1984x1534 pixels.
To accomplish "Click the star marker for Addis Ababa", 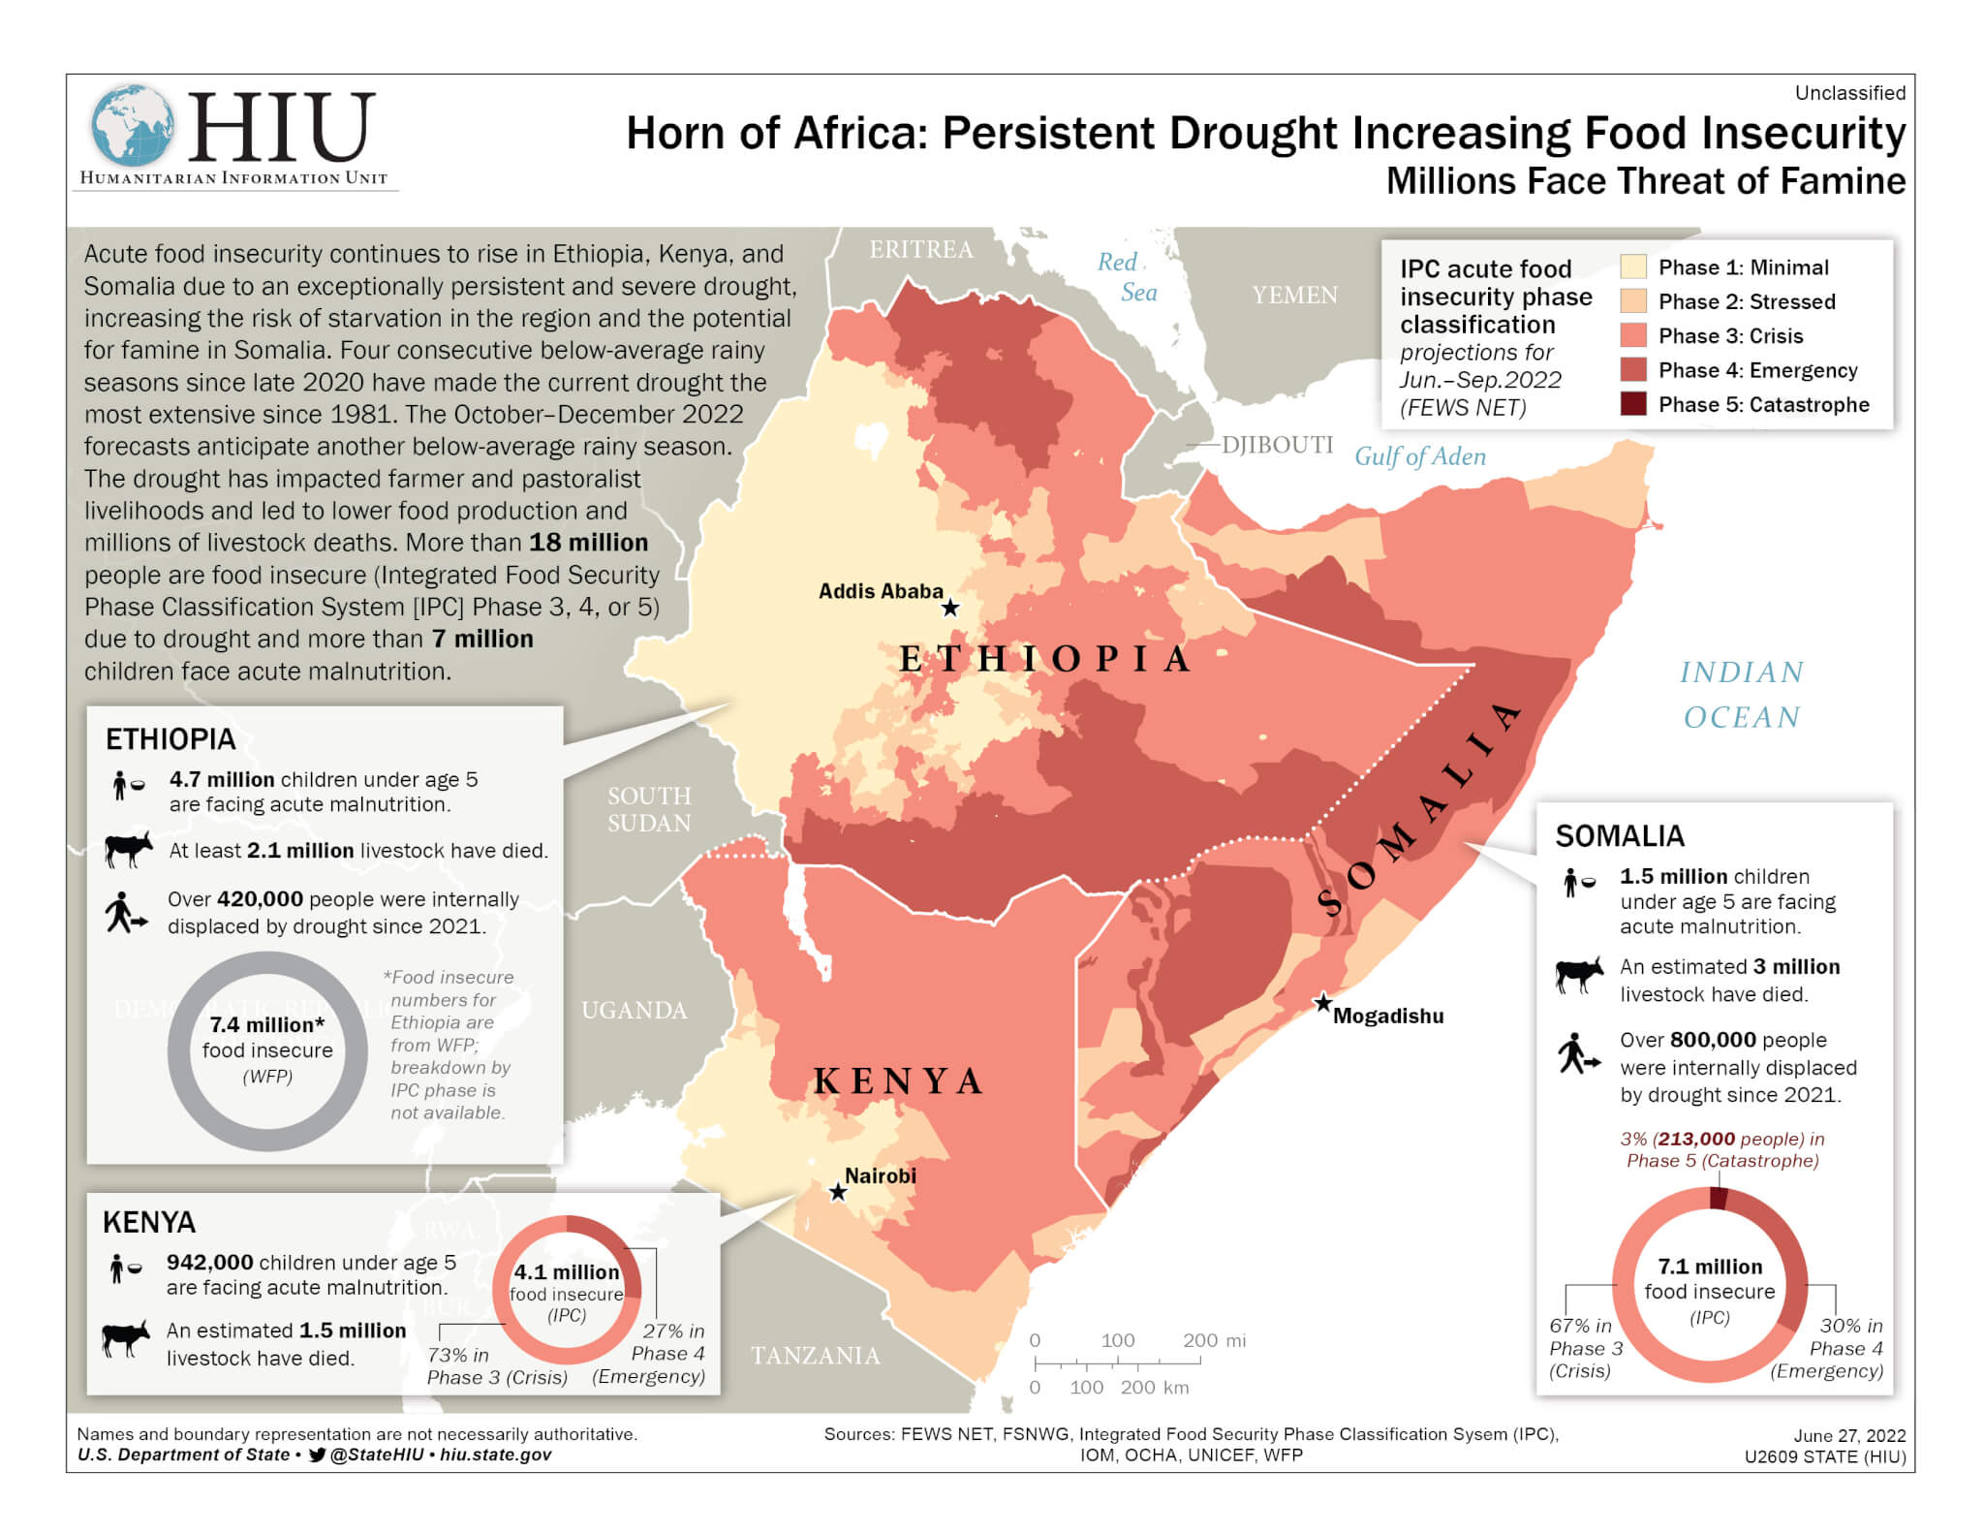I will (950, 608).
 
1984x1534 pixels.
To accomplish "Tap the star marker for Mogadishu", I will (1322, 1003).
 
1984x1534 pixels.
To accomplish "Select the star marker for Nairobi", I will (838, 1192).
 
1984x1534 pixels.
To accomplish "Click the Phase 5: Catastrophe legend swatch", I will (1633, 404).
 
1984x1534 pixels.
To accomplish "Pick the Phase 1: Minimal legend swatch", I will (1633, 267).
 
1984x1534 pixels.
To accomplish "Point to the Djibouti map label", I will (1277, 445).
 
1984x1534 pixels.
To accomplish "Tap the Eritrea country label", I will (920, 250).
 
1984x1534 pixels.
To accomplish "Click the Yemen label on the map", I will (1294, 295).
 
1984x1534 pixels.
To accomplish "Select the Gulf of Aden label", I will (1419, 456).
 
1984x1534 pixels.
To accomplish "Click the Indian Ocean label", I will (1741, 694).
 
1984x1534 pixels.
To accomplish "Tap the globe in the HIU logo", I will (133, 125).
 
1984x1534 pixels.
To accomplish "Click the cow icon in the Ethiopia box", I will (128, 849).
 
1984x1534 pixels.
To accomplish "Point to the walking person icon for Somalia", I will (1578, 1053).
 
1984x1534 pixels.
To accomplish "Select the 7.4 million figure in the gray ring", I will (266, 1024).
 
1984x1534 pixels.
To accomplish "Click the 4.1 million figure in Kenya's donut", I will (567, 1272).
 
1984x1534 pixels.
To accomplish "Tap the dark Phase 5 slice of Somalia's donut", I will (1719, 1199).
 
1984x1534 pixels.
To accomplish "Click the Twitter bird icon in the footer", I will (317, 1455).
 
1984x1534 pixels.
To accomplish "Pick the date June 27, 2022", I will (1849, 1435).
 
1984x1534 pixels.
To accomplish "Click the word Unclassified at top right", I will (1849, 93).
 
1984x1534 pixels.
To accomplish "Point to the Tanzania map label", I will (816, 1355).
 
